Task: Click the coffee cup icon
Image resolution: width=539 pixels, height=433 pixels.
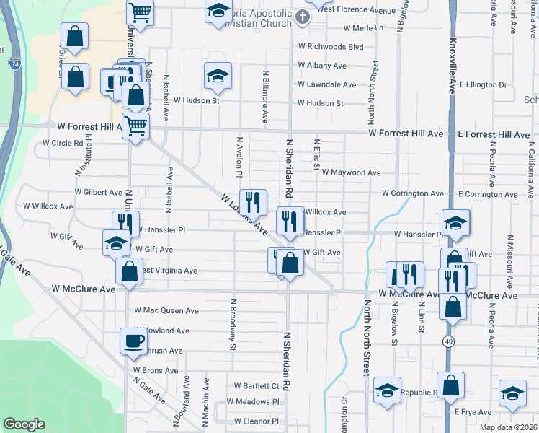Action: pos(133,341)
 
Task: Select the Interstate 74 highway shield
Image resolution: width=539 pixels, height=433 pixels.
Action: pos(15,64)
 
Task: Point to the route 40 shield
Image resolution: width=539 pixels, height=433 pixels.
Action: pos(448,341)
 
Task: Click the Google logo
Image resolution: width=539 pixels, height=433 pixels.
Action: pos(24,424)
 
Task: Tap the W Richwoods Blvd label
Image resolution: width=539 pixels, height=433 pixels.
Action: pos(331,46)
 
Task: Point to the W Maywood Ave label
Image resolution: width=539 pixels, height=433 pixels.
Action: pos(351,172)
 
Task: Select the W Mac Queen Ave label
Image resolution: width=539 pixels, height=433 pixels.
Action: pos(166,311)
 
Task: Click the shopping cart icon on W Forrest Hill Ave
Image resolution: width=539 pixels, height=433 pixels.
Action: pos(135,126)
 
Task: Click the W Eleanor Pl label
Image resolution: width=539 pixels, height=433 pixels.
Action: pos(256,421)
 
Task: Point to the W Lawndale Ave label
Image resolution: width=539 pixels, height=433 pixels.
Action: pos(326,84)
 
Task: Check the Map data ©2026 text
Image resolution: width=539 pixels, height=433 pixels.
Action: pos(508,427)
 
